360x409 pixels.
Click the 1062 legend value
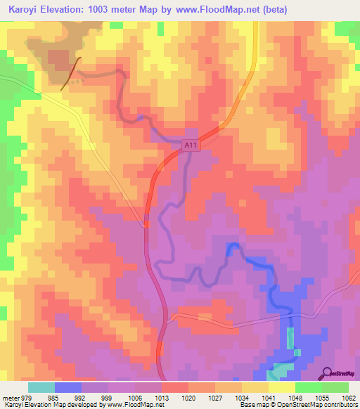(x=349, y=397)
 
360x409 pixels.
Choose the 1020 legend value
(x=188, y=397)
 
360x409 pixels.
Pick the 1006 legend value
(x=135, y=397)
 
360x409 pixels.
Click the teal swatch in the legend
(x=41, y=387)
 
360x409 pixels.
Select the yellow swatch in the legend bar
(x=281, y=387)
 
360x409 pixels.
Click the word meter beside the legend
(x=9, y=397)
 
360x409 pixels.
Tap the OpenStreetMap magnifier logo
(x=326, y=373)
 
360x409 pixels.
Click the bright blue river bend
(x=234, y=247)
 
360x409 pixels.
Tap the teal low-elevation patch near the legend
(x=283, y=370)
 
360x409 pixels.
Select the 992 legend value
(x=82, y=397)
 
